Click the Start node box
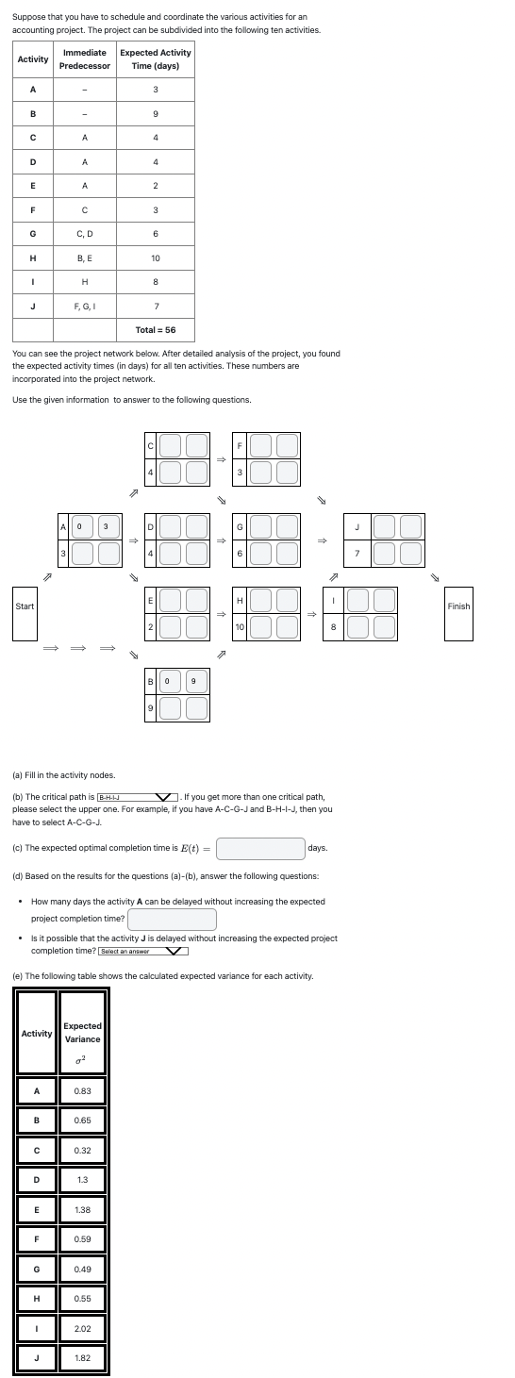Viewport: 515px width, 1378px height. (25, 613)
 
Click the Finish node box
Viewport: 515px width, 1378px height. (458, 613)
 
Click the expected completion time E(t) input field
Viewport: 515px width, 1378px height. (260, 848)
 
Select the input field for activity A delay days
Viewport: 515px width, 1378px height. (172, 919)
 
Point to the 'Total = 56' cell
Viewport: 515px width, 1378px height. (156, 330)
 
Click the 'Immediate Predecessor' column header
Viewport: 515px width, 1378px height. (85, 58)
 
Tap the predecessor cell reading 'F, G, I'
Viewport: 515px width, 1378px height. (85, 306)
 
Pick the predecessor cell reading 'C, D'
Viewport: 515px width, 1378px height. (85, 233)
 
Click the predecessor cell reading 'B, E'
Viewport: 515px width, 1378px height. (85, 257)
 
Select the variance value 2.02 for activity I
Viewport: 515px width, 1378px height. (82, 1329)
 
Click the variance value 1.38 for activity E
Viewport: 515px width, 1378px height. (82, 1209)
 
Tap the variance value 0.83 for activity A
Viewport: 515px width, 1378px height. (82, 1090)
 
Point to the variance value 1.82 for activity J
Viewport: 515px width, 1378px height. (82, 1358)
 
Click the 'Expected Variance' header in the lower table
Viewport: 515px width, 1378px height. (82, 1033)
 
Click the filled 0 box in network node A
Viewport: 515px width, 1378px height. (81, 526)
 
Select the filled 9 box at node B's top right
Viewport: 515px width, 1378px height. (193, 681)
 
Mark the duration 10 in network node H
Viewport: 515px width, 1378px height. (241, 626)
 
